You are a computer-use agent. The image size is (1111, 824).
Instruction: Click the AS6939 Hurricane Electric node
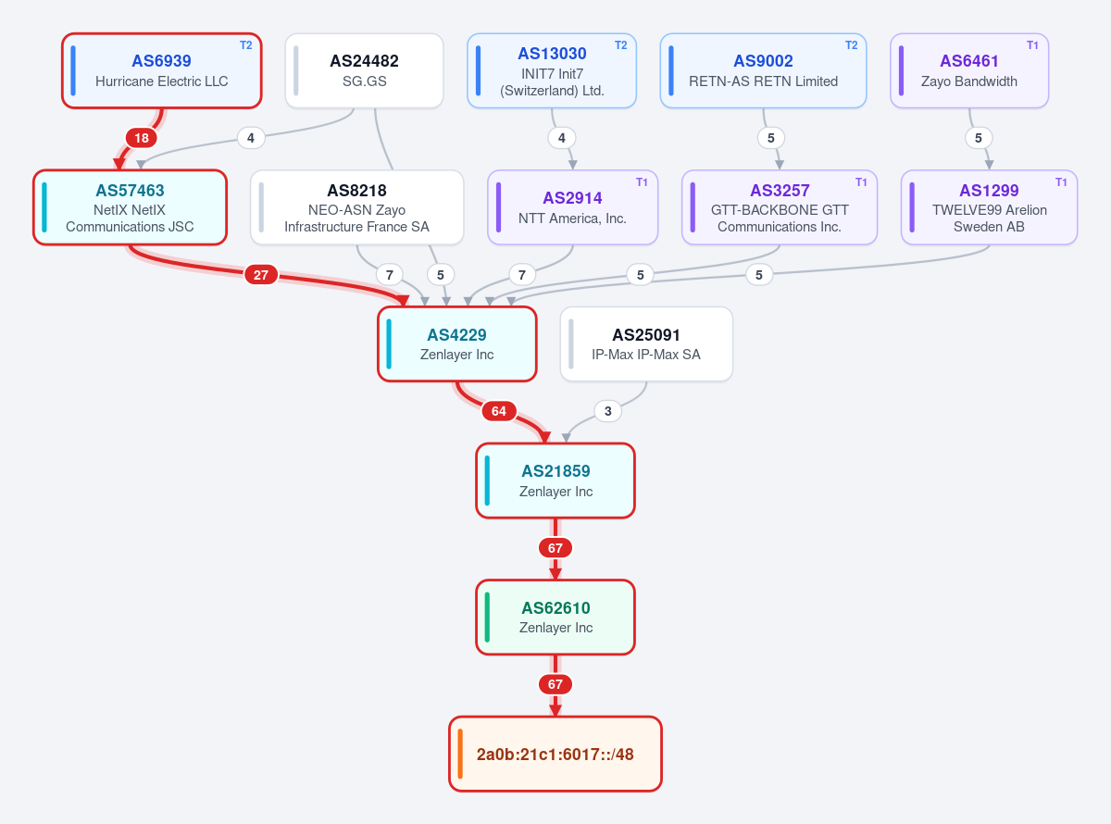pos(162,70)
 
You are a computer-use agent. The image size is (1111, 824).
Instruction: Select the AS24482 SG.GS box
pos(364,70)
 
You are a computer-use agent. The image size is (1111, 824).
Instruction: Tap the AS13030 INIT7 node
pos(552,70)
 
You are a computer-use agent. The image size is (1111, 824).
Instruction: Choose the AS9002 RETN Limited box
pos(763,70)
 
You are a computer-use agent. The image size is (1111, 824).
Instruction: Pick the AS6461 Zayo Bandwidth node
pos(969,70)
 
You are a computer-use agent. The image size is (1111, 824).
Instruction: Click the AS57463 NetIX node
pos(131,207)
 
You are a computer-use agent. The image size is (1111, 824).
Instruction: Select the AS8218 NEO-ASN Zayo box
pos(356,207)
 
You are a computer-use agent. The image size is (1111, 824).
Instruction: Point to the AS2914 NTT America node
pos(572,207)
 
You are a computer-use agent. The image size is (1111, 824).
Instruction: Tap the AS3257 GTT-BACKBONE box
pos(780,207)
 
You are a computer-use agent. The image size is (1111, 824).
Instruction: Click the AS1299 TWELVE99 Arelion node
pos(989,207)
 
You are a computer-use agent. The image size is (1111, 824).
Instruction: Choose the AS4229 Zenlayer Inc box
pos(456,344)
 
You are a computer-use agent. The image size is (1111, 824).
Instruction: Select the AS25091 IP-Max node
pos(646,344)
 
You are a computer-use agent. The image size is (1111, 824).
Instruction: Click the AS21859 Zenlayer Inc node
pos(555,481)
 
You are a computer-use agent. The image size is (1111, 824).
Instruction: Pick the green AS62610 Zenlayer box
pos(555,618)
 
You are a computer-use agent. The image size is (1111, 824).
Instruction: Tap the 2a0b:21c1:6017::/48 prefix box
pos(555,754)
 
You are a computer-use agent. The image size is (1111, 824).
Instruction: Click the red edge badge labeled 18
pos(142,138)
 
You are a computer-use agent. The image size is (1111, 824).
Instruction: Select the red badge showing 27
pos(261,274)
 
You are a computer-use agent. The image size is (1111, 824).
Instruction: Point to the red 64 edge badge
pos(499,411)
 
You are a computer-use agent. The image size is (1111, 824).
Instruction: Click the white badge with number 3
pos(607,411)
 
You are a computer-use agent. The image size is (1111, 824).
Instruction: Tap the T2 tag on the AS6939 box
pos(246,45)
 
